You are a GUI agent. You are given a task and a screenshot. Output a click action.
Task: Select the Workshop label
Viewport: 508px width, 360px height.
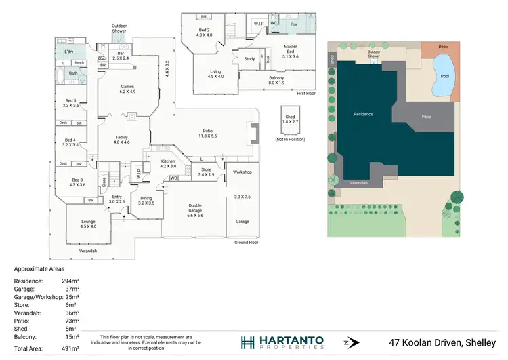coord(242,172)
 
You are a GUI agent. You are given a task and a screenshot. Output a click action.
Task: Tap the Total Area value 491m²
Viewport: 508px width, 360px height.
coord(71,348)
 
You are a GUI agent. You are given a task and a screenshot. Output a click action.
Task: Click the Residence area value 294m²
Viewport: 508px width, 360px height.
coord(71,281)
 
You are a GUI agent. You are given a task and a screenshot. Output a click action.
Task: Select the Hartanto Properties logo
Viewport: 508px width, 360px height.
coord(282,342)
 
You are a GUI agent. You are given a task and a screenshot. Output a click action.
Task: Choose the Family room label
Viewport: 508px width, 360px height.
coord(121,139)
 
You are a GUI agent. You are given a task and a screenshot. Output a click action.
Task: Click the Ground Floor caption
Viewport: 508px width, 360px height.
coord(247,242)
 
